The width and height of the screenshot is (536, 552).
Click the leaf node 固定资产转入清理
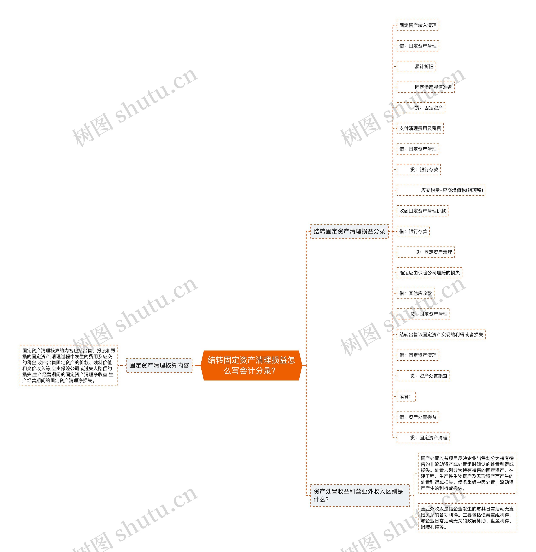pyautogui.click(x=418, y=25)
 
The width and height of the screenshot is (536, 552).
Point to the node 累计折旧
pyautogui.click(x=416, y=66)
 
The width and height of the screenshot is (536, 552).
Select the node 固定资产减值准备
pyautogui.click(x=426, y=87)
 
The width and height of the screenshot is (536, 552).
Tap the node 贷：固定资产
pyautogui.click(x=421, y=108)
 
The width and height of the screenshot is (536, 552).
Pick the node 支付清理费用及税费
pyautogui.click(x=420, y=128)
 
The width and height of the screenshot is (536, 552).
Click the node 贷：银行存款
pyautogui.click(x=419, y=170)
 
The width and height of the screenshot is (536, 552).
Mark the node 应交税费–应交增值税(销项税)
pyautogui.click(x=441, y=190)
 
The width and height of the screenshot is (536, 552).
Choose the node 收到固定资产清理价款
pyautogui.click(x=423, y=211)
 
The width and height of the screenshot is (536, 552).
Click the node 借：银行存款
pyautogui.click(x=413, y=232)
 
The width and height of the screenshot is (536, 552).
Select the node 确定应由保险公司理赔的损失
pyautogui.click(x=429, y=273)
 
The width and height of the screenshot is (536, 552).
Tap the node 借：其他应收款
pyautogui.click(x=415, y=293)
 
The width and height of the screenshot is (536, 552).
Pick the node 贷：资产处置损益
pyautogui.click(x=423, y=376)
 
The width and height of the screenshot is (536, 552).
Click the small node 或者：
pyautogui.click(x=406, y=396)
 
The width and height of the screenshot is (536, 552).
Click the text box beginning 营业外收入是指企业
pyautogui.click(x=467, y=518)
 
